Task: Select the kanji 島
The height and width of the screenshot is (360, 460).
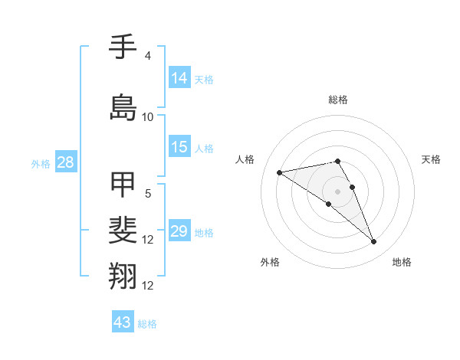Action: click(x=123, y=106)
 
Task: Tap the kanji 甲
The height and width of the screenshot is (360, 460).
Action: click(x=123, y=184)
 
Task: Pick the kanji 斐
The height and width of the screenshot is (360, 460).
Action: click(x=123, y=230)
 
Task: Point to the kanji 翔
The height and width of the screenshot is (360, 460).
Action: click(x=123, y=275)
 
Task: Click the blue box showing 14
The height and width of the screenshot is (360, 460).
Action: click(x=180, y=78)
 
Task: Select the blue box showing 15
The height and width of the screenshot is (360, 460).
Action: click(x=180, y=147)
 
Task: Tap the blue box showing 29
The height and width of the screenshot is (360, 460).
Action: click(x=180, y=231)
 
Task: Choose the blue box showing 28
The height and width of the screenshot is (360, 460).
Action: click(x=64, y=162)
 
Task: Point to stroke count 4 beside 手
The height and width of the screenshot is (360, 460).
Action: click(x=148, y=55)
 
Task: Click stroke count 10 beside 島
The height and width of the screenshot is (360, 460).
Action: click(x=148, y=116)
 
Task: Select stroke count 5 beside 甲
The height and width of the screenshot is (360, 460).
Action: click(x=148, y=193)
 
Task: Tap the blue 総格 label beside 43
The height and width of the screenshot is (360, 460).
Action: click(x=147, y=324)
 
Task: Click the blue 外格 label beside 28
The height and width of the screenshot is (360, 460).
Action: click(x=41, y=164)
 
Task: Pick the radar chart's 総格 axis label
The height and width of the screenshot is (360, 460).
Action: click(x=337, y=100)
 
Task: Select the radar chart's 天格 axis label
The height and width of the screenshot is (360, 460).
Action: click(x=431, y=159)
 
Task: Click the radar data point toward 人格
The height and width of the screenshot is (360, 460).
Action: click(x=280, y=172)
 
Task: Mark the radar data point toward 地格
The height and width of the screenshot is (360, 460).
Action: click(x=373, y=242)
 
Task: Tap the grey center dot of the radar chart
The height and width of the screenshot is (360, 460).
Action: click(x=337, y=191)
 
